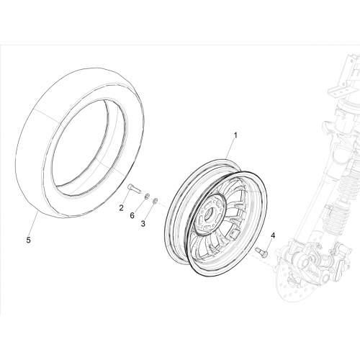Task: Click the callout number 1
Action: [235, 135]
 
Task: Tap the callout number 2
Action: [122, 208]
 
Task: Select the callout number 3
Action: [143, 224]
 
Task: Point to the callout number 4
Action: [273, 235]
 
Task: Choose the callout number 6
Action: [132, 215]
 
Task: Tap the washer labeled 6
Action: [147, 197]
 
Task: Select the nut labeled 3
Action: [156, 200]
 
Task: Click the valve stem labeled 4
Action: [262, 252]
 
